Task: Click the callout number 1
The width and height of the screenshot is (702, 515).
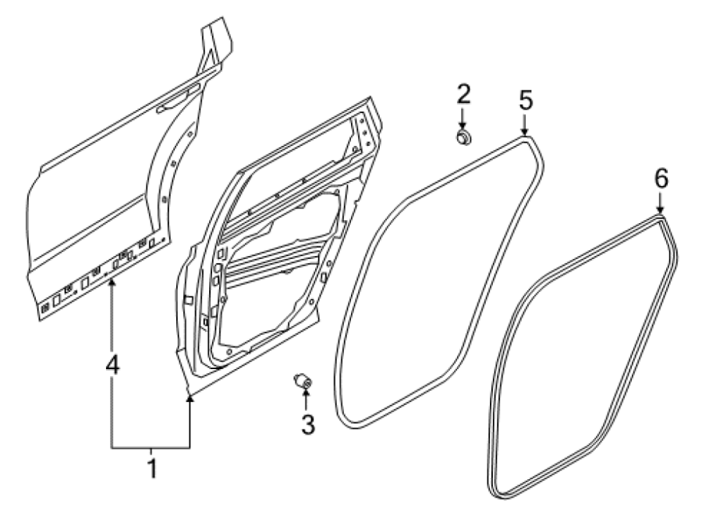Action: tap(152, 469)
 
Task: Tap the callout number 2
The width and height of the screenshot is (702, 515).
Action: tap(464, 94)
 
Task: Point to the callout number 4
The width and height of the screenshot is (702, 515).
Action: tap(112, 364)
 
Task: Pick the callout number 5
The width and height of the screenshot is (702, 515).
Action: tap(526, 100)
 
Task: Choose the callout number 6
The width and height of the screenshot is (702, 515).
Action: tap(661, 178)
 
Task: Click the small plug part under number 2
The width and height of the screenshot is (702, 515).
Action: tap(464, 137)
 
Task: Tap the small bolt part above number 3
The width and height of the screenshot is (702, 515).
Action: tap(303, 381)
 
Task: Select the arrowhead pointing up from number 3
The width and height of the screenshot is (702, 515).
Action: tap(307, 393)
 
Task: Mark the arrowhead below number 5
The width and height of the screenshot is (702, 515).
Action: tap(525, 131)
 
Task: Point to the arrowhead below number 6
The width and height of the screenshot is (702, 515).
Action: tap(660, 210)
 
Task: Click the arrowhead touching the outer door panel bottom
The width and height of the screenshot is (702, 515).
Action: tap(112, 282)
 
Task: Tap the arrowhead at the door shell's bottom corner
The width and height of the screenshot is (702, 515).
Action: tap(190, 400)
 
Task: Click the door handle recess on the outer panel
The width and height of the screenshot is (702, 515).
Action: tap(173, 102)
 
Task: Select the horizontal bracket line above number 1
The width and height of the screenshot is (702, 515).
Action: tap(151, 448)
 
